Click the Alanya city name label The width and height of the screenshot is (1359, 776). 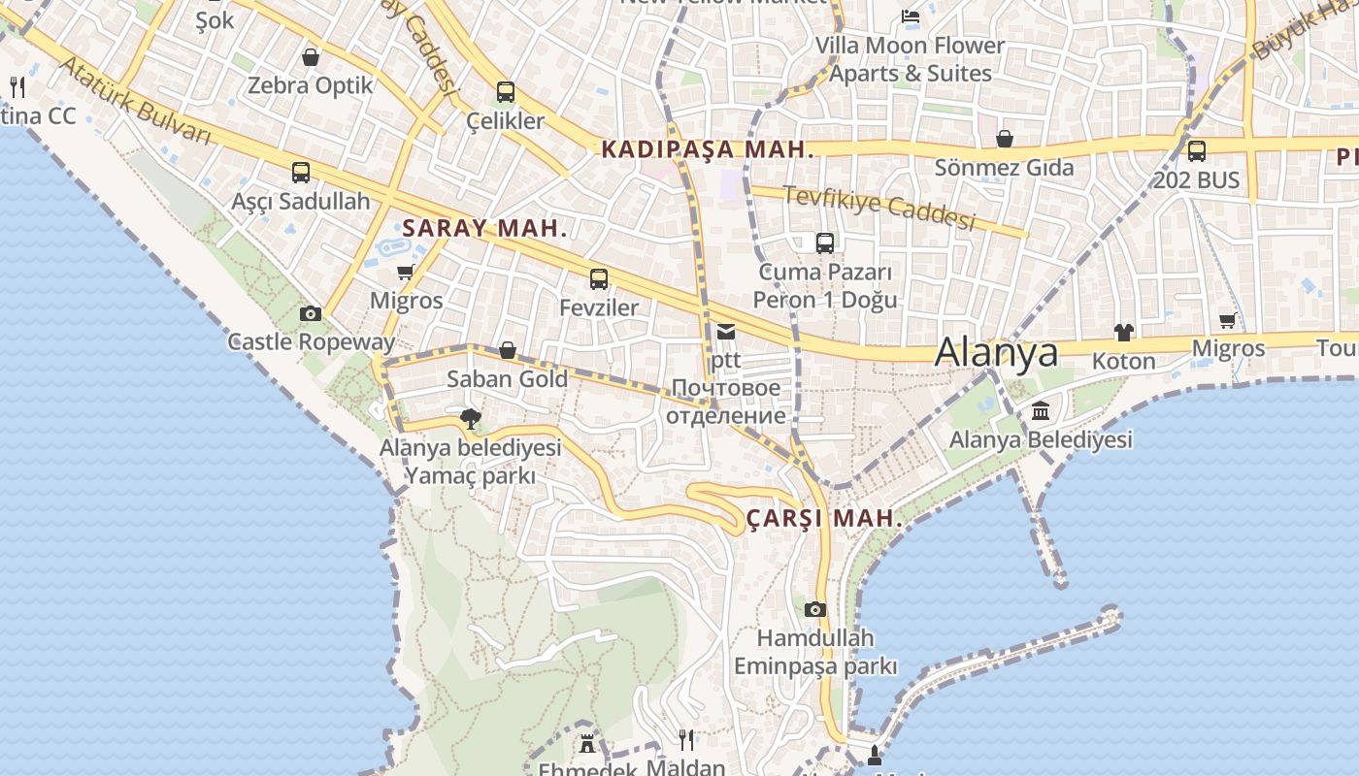[x=996, y=352]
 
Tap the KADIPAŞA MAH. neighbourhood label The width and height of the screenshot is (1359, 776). [x=707, y=149]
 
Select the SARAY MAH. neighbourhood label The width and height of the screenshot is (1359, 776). [x=484, y=229]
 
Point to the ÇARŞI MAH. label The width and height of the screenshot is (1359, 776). [x=824, y=518]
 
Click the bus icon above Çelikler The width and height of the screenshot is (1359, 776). [x=505, y=92]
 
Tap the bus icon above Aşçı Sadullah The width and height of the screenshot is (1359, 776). [x=301, y=173]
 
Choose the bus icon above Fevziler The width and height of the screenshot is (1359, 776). [x=599, y=279]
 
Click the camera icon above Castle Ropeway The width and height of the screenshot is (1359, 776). [x=311, y=313]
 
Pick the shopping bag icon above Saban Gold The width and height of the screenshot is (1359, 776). [x=507, y=350]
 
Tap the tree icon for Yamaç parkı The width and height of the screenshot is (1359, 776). [x=471, y=419]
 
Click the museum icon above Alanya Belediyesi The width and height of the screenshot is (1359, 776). [x=1041, y=411]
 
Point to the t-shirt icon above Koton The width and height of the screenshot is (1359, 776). [x=1124, y=333]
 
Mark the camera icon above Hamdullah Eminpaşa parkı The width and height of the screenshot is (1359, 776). [x=815, y=609]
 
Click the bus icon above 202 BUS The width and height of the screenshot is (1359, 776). [x=1197, y=151]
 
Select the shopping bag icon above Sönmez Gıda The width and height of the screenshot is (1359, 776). [x=1005, y=139]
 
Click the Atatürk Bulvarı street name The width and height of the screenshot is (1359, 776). [x=136, y=101]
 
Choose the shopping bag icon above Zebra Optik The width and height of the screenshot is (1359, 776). [x=311, y=57]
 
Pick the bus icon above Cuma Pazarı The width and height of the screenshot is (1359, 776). [x=825, y=243]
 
